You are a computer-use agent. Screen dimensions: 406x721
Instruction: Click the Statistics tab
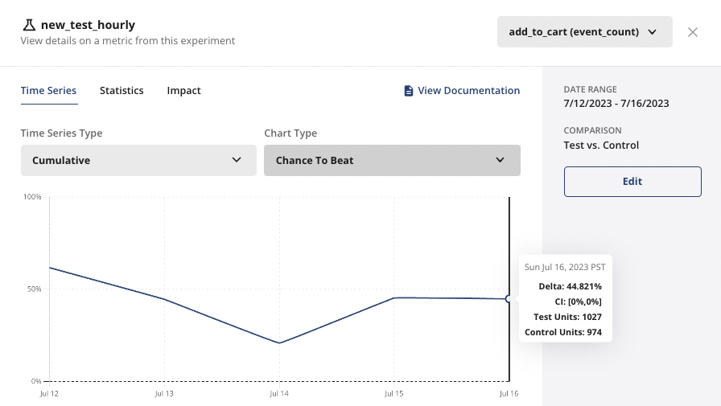point(122,91)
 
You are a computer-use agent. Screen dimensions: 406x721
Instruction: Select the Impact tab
point(183,91)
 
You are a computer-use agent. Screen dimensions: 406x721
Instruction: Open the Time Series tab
point(48,91)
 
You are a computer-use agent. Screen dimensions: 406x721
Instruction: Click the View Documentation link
point(462,91)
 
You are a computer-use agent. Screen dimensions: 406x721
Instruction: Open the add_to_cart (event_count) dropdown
point(584,32)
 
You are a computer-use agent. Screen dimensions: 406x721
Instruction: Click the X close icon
point(693,32)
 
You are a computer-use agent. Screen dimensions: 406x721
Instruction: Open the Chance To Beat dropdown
point(392,160)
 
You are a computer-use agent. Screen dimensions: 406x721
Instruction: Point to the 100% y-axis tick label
point(33,197)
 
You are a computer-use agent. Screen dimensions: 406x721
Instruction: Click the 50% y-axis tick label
point(35,289)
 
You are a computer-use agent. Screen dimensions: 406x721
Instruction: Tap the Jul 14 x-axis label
point(279,394)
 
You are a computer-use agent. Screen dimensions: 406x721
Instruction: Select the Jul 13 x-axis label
point(164,394)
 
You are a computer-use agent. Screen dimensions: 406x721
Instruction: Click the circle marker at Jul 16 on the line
point(509,299)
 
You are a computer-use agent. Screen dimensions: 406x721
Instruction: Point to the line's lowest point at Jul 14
point(279,343)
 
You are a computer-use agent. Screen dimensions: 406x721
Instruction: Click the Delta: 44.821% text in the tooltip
point(571,286)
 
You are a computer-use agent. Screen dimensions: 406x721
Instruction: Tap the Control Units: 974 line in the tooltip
point(563,332)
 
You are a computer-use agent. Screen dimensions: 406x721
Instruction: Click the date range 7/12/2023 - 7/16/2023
point(616,104)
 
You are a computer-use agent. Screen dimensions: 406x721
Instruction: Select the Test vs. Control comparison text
point(601,146)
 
